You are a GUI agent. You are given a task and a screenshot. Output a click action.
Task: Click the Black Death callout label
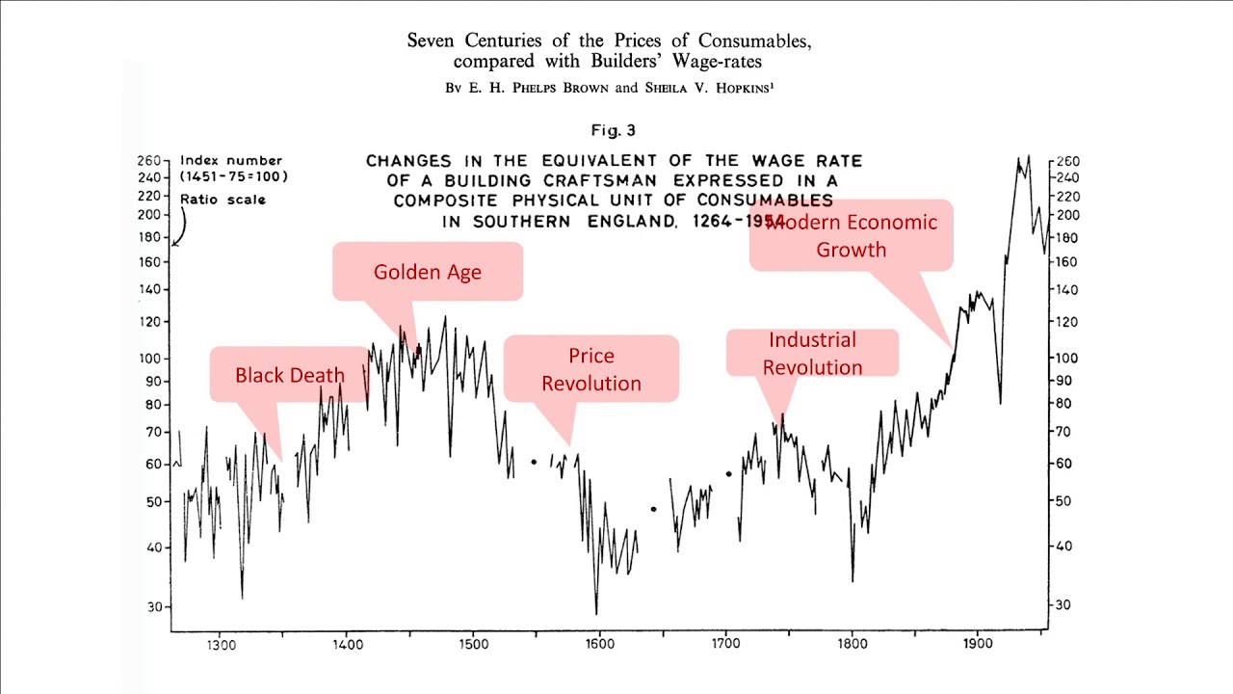pyautogui.click(x=289, y=375)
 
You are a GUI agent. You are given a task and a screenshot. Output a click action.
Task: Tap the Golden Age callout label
pyautogui.click(x=427, y=272)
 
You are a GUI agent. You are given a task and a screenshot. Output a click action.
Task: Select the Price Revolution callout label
pyautogui.click(x=590, y=369)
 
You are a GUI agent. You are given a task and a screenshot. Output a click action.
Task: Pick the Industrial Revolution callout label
pyautogui.click(x=812, y=353)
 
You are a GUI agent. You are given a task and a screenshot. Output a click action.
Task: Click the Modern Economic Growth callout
pyautogui.click(x=851, y=236)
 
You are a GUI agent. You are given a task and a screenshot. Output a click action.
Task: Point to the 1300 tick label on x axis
pyautogui.click(x=221, y=644)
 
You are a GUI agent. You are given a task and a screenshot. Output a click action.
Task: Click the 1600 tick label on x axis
pyautogui.click(x=598, y=644)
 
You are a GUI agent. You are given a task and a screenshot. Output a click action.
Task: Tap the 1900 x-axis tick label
pyautogui.click(x=978, y=644)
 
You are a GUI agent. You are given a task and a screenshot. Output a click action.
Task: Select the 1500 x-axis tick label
pyautogui.click(x=472, y=644)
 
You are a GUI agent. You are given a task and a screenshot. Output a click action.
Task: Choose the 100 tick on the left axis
pyautogui.click(x=152, y=359)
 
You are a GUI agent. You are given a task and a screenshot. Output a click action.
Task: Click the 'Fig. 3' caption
pyautogui.click(x=614, y=130)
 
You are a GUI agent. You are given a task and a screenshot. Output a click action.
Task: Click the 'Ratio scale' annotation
pyautogui.click(x=223, y=200)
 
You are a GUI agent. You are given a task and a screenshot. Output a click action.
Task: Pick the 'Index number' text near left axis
pyautogui.click(x=231, y=161)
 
